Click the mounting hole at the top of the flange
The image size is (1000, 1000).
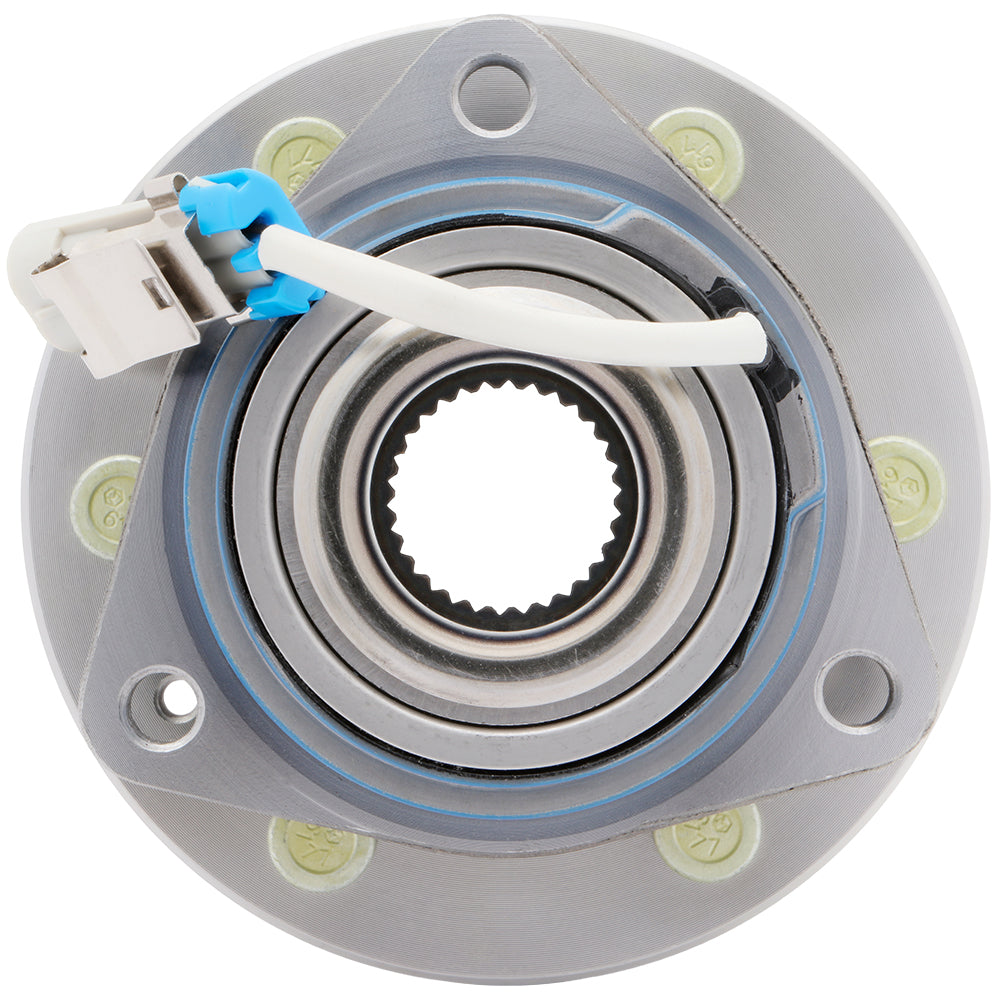(x=494, y=96)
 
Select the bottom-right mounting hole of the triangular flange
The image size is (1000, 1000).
(x=856, y=692)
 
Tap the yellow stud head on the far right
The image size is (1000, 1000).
(x=906, y=488)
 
